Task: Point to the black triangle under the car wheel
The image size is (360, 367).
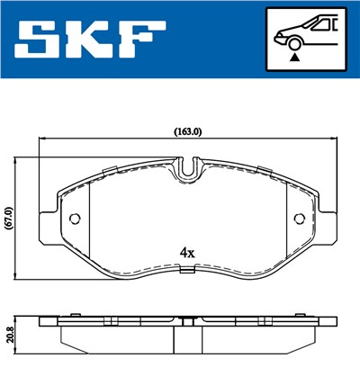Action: [x=293, y=57]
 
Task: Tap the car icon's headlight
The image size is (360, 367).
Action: [x=280, y=36]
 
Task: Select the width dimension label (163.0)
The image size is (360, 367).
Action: [x=187, y=131]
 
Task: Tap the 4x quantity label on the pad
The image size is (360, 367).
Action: [x=187, y=254]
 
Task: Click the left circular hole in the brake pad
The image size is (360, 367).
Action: [x=75, y=218]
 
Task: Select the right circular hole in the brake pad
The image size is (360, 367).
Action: [x=300, y=218]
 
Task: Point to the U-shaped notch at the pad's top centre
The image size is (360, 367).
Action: [x=187, y=167]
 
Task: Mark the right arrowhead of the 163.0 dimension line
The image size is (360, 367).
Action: [x=335, y=139]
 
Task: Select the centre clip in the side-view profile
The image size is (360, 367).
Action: [x=187, y=321]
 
